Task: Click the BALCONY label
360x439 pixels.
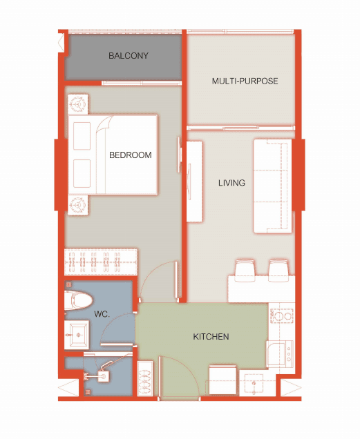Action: coord(129,55)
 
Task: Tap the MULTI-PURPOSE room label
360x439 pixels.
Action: coord(245,81)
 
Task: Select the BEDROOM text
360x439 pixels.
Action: coord(131,155)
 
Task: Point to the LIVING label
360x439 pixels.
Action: coord(231,183)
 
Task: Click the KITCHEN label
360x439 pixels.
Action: coord(211,337)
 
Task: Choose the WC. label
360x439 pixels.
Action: coord(102,314)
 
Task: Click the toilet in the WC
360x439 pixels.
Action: coord(78,300)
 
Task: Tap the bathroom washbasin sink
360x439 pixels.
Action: coord(77,335)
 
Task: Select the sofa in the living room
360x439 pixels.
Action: coord(273,186)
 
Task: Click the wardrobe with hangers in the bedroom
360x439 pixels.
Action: coord(101,262)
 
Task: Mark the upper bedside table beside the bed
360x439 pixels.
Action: coord(78,104)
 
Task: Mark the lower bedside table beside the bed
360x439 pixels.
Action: coord(78,205)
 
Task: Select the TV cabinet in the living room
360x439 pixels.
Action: coord(195,182)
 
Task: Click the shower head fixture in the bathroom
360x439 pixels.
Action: coord(104,376)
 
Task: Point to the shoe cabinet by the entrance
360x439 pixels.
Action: coord(145,378)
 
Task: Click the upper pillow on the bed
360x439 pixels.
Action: coord(82,136)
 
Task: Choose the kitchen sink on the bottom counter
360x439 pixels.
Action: coord(254,384)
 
